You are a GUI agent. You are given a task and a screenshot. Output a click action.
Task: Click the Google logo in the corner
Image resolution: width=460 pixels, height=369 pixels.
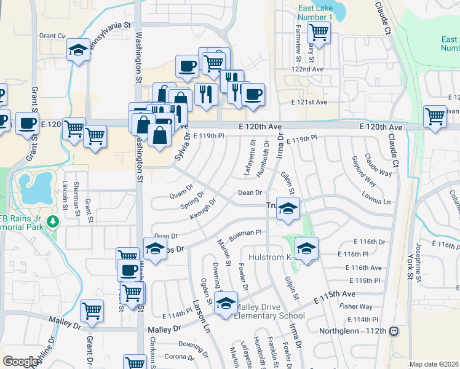(x=20, y=362)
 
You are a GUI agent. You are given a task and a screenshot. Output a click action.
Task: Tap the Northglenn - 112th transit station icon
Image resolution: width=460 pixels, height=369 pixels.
(x=394, y=331)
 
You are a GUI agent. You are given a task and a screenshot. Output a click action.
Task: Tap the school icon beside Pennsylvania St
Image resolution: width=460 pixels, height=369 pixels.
(x=79, y=50)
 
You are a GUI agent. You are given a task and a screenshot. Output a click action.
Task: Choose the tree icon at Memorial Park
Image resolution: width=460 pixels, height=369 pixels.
(x=54, y=220)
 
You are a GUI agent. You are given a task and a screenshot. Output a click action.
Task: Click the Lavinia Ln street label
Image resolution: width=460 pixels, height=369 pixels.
(x=377, y=201)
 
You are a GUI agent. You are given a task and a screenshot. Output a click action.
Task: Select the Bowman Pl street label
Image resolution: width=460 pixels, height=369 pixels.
(x=246, y=232)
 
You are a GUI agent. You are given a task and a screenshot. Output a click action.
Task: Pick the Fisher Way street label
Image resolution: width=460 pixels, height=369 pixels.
(x=357, y=306)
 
